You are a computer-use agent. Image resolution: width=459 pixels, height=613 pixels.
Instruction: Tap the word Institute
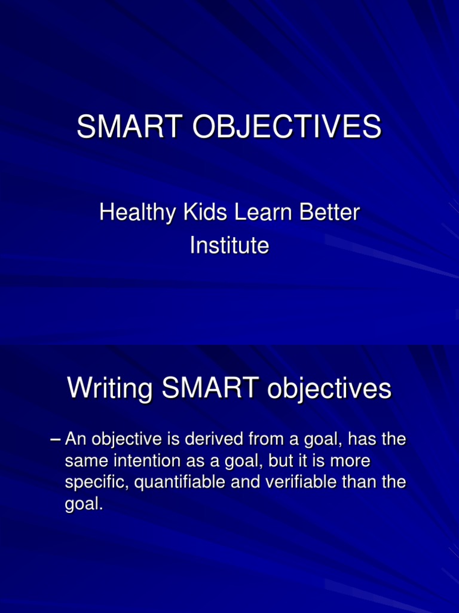pyautogui.click(x=229, y=245)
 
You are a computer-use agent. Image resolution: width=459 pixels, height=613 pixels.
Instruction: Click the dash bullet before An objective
pyautogui.click(x=56, y=440)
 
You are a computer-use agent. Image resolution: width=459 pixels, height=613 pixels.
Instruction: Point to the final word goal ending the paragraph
pyautogui.click(x=83, y=504)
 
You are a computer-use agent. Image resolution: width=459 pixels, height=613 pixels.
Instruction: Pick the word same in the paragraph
pyautogui.click(x=83, y=462)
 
